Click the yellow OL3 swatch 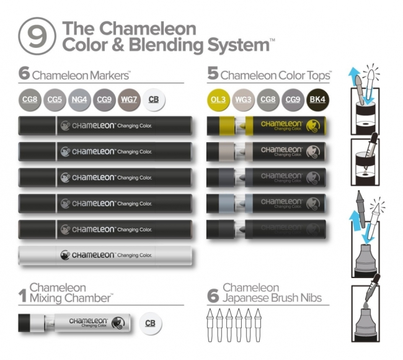click(218, 99)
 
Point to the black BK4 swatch click(317, 99)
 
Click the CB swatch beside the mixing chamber click(150, 323)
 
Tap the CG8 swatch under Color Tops click(267, 99)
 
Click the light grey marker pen click(104, 255)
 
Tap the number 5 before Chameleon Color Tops click(213, 74)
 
